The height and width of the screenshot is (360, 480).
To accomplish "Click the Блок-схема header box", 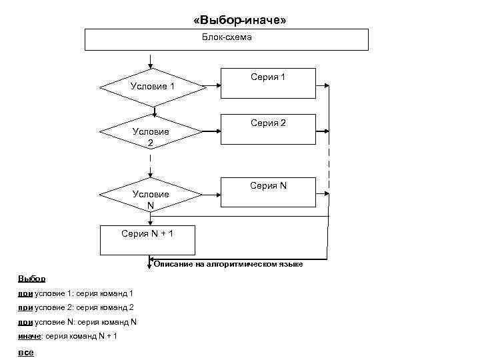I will pos(227,39).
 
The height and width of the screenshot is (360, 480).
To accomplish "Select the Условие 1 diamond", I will pos(152,87).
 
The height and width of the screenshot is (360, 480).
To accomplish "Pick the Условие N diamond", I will pos(151,195).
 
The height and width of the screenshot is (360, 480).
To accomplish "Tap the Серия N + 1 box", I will pos(147,240).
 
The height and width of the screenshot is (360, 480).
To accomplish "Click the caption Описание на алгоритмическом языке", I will pos(229,265).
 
